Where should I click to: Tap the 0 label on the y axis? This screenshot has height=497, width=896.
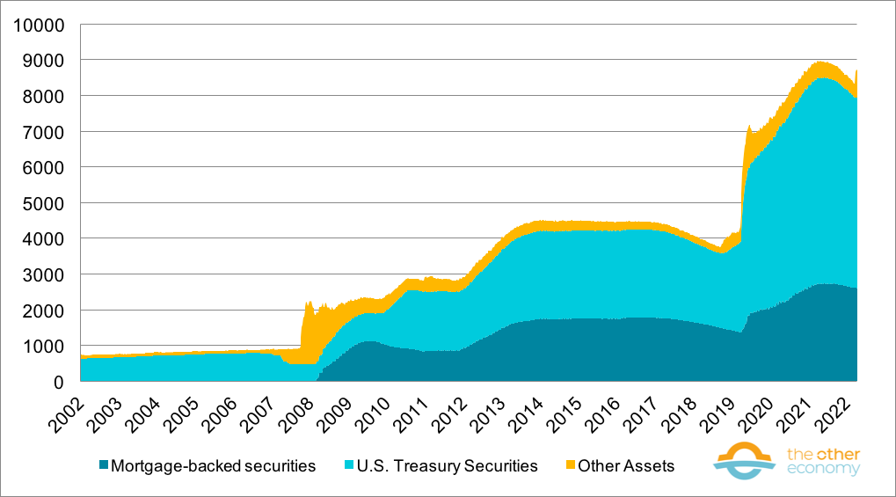(x=59, y=382)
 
